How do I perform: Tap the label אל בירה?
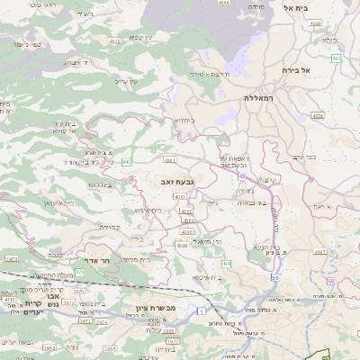[x=295, y=69]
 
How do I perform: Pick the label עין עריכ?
[x=127, y=82]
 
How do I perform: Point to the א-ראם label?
[x=324, y=206]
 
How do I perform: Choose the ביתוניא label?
[x=183, y=120]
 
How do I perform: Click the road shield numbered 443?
[x=126, y=162]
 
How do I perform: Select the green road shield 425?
[x=80, y=271]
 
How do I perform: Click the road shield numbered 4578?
[x=317, y=116]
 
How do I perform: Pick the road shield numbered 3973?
[x=12, y=258]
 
